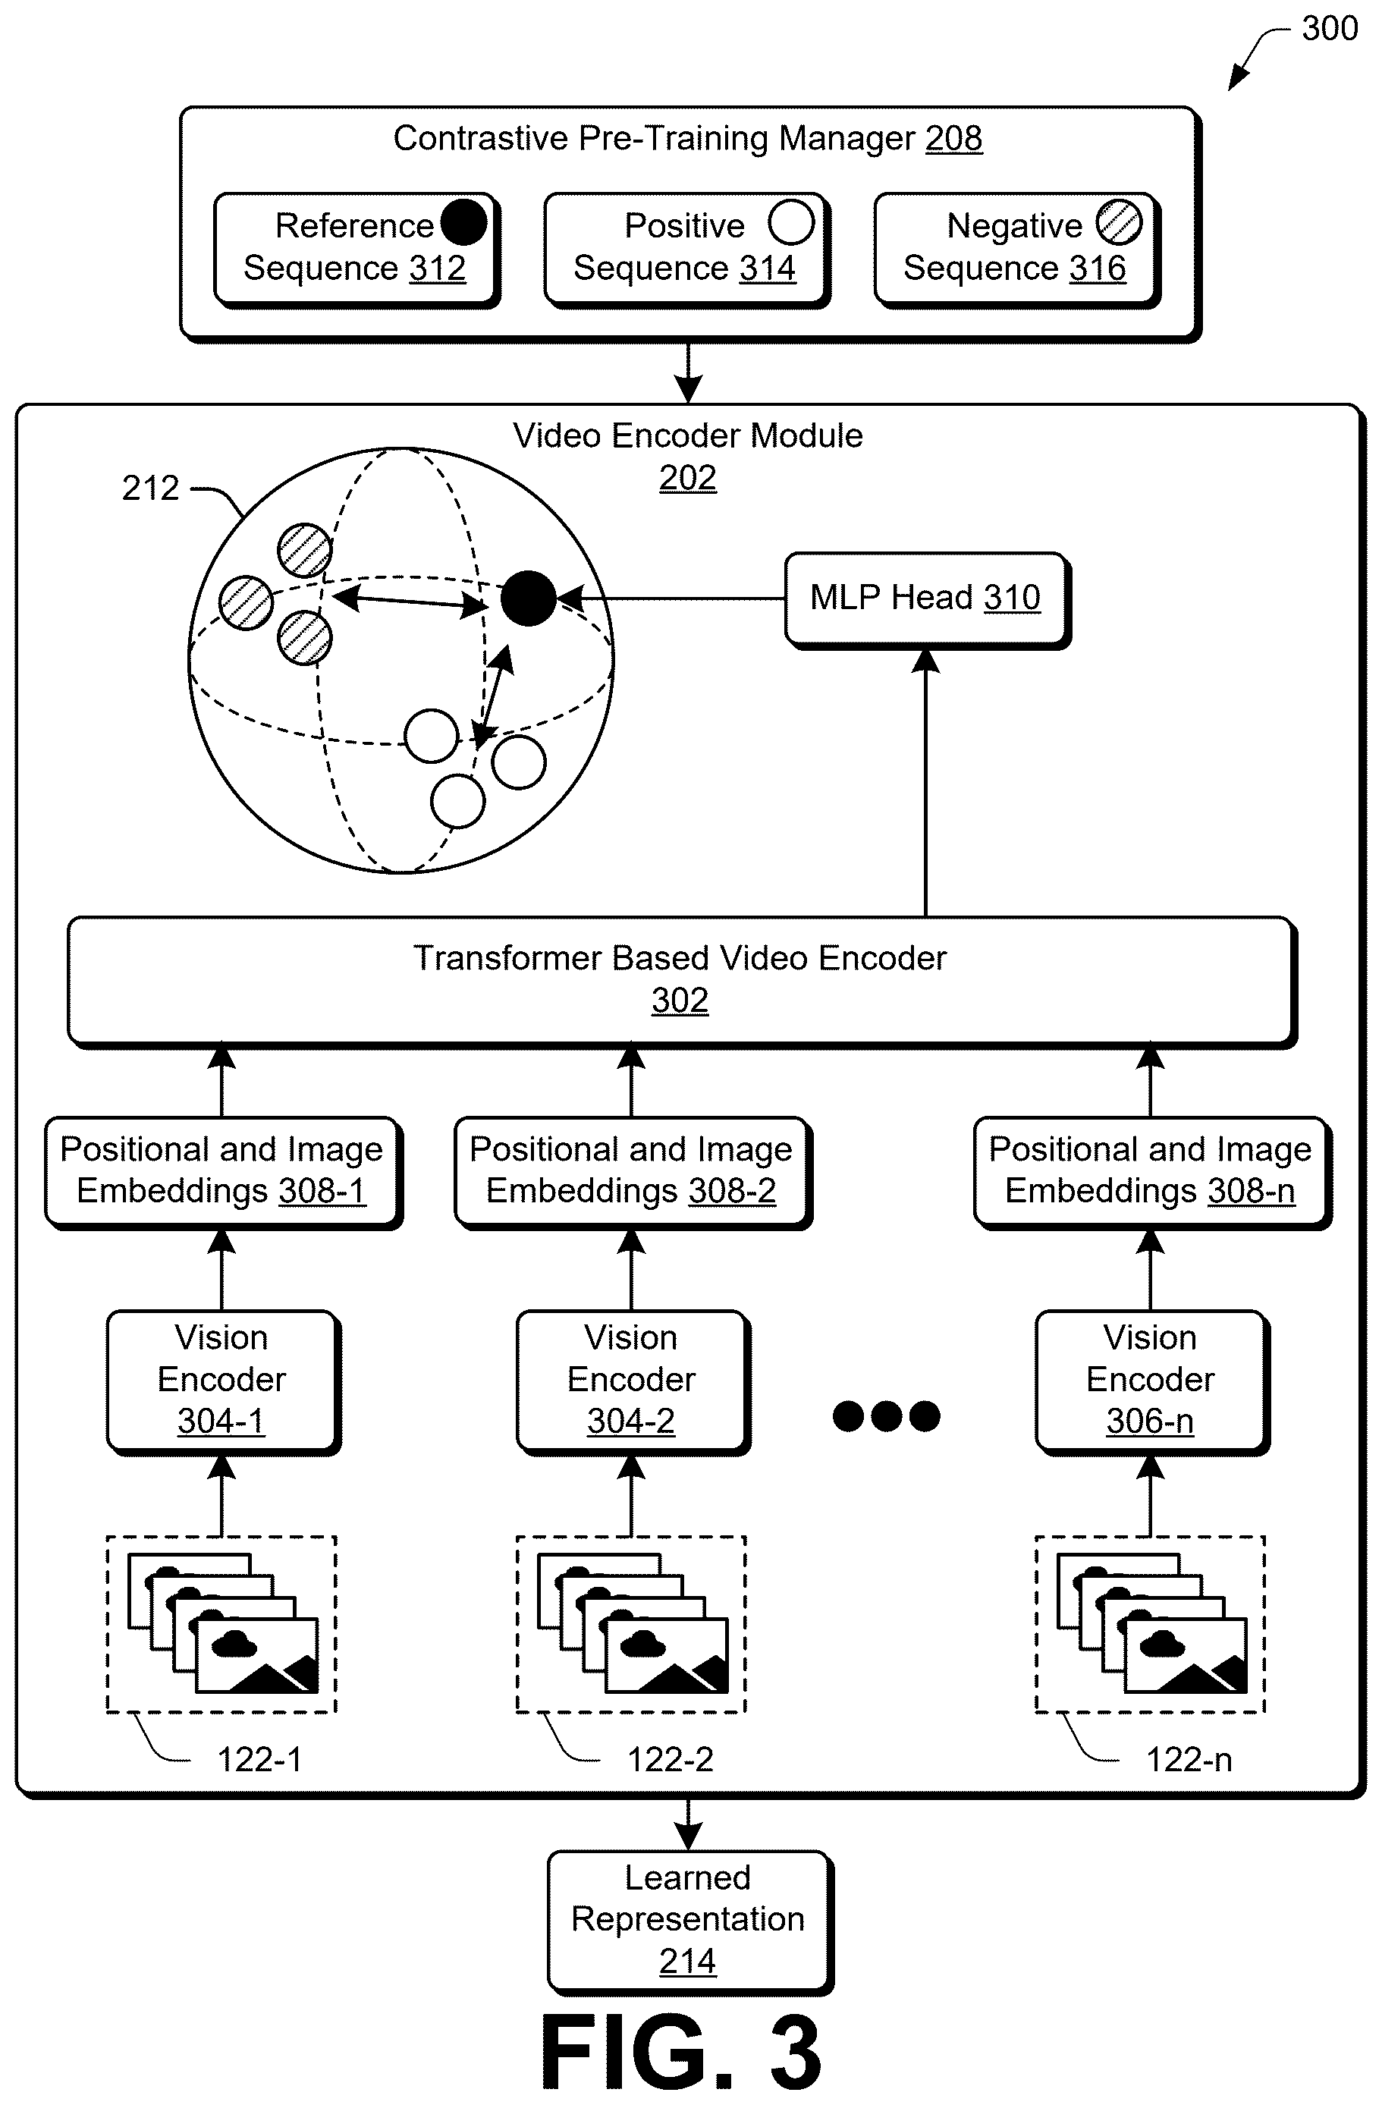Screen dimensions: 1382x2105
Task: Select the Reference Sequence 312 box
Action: pyautogui.click(x=356, y=250)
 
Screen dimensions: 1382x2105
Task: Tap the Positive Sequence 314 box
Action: pyautogui.click(x=687, y=250)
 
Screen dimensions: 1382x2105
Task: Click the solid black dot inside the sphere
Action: pyautogui.click(x=528, y=599)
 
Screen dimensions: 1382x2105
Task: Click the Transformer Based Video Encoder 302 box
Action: pyautogui.click(x=682, y=982)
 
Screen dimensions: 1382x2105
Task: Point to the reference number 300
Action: pyautogui.click(x=1330, y=28)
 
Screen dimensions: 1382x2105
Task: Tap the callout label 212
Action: pyautogui.click(x=150, y=489)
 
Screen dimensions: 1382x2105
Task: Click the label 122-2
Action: pyautogui.click(x=671, y=1760)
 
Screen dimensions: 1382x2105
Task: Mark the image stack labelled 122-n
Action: pyautogui.click(x=1151, y=1625)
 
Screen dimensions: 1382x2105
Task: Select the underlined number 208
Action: pyautogui.click(x=954, y=139)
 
